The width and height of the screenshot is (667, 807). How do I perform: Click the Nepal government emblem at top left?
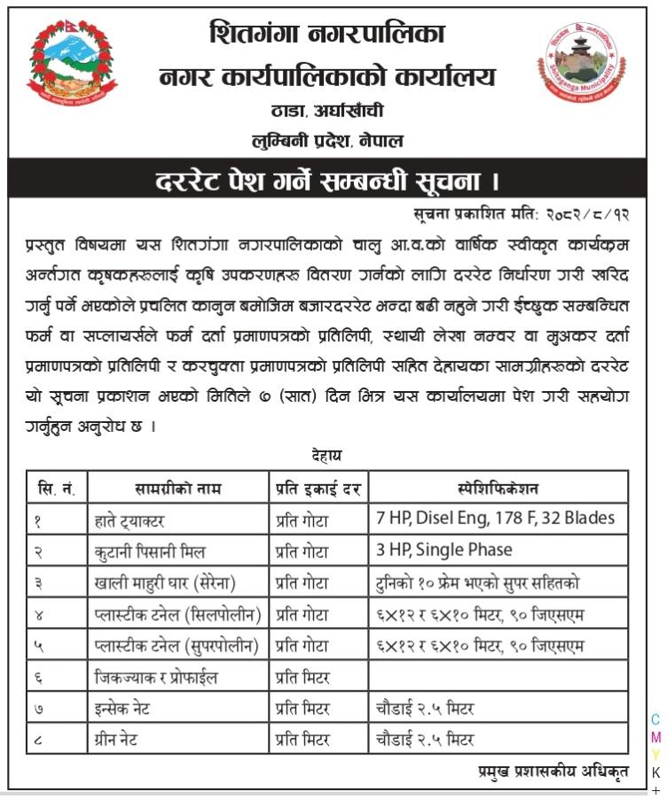71,64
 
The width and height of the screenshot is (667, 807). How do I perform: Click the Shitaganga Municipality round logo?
581,65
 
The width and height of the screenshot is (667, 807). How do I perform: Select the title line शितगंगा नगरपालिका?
327,35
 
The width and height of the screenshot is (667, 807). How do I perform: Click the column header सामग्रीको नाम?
178,488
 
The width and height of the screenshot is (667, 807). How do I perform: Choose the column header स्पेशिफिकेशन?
498,488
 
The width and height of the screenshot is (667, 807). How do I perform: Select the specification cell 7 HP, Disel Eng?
495,518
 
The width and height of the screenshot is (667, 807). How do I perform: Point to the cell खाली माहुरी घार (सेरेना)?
165,583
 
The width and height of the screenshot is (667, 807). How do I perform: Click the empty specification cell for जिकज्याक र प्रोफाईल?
498,677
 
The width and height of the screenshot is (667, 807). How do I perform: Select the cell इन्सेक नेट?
129,708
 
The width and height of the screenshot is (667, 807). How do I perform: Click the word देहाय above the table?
326,455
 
